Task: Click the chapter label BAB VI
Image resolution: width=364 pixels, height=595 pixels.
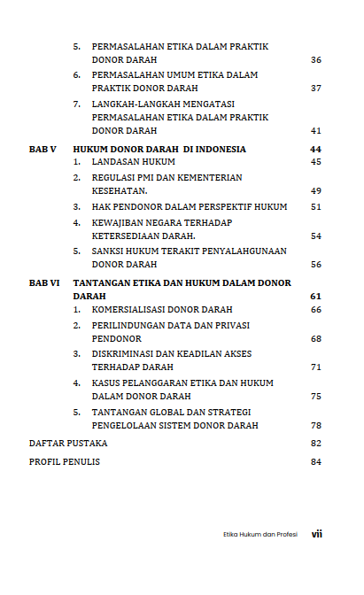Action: [x=44, y=282]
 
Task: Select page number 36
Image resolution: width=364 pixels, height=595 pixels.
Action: [x=316, y=59]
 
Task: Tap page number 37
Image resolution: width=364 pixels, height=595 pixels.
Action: [x=316, y=89]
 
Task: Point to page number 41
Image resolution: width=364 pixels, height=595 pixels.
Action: [x=316, y=130]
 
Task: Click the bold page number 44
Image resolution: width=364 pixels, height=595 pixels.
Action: [x=316, y=149]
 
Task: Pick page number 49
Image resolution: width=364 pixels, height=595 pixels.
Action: [x=316, y=190]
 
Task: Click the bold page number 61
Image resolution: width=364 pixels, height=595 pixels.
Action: [x=316, y=295]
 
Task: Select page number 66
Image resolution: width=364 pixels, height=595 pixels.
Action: [x=316, y=309]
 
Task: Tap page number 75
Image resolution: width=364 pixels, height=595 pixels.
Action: [x=316, y=396]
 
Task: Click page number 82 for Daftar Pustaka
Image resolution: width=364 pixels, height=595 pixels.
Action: [x=316, y=442]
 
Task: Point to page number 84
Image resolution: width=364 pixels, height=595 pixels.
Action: [x=316, y=461]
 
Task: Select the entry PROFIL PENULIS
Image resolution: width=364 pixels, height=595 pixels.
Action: [x=65, y=461]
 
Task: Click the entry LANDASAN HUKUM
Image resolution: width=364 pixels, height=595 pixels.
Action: [x=133, y=162]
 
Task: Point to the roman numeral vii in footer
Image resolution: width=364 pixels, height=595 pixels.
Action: [x=316, y=535]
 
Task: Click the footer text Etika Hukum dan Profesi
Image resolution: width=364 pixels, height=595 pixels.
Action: [x=259, y=535]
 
